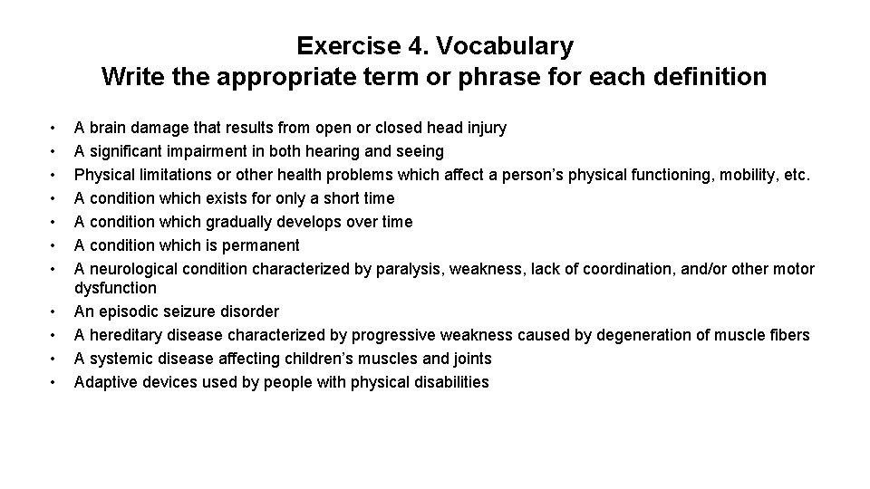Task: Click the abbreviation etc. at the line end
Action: click(x=795, y=175)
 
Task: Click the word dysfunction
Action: click(x=115, y=288)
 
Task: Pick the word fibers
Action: click(x=788, y=335)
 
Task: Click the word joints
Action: click(x=469, y=359)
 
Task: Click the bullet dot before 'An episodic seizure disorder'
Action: click(x=54, y=312)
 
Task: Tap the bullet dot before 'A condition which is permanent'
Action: click(x=54, y=246)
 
